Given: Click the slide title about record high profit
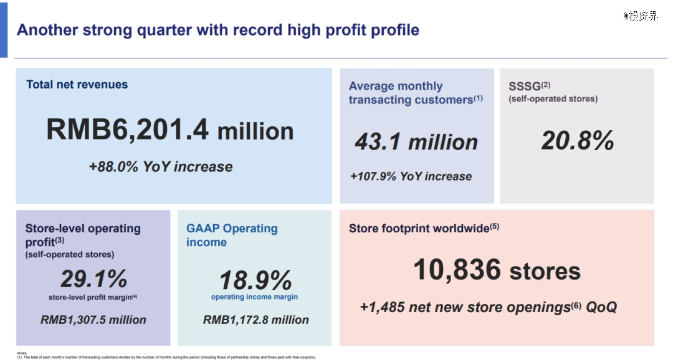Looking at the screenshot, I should point(218,30).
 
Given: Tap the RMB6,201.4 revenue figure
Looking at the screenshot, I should point(169,131).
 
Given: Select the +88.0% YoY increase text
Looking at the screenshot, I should point(161,167).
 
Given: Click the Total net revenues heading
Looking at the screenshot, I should point(77,85).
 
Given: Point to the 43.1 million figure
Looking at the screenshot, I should point(416,143).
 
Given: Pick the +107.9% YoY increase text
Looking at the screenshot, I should point(411,176).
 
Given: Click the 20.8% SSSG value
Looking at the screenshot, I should point(577,141).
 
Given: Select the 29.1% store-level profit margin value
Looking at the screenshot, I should point(93,278).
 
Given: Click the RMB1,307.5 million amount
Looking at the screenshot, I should point(93,320).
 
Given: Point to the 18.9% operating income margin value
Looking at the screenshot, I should point(255,280).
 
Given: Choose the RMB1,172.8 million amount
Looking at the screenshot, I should point(255,320).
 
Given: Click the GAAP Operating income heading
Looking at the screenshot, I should point(232,235).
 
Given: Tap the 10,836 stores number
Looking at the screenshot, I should point(497,270).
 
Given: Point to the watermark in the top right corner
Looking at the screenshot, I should point(640,16).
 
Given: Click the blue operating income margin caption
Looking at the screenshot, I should point(254,297).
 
